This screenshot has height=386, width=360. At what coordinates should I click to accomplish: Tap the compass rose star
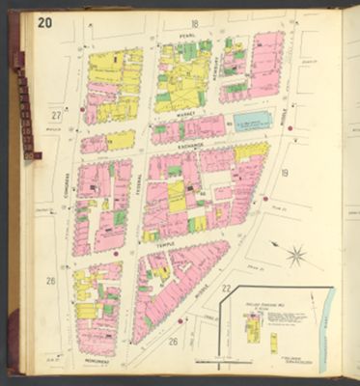[296, 257]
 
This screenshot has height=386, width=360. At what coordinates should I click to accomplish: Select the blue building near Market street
[252, 122]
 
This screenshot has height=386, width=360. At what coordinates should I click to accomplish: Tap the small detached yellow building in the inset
[273, 343]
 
